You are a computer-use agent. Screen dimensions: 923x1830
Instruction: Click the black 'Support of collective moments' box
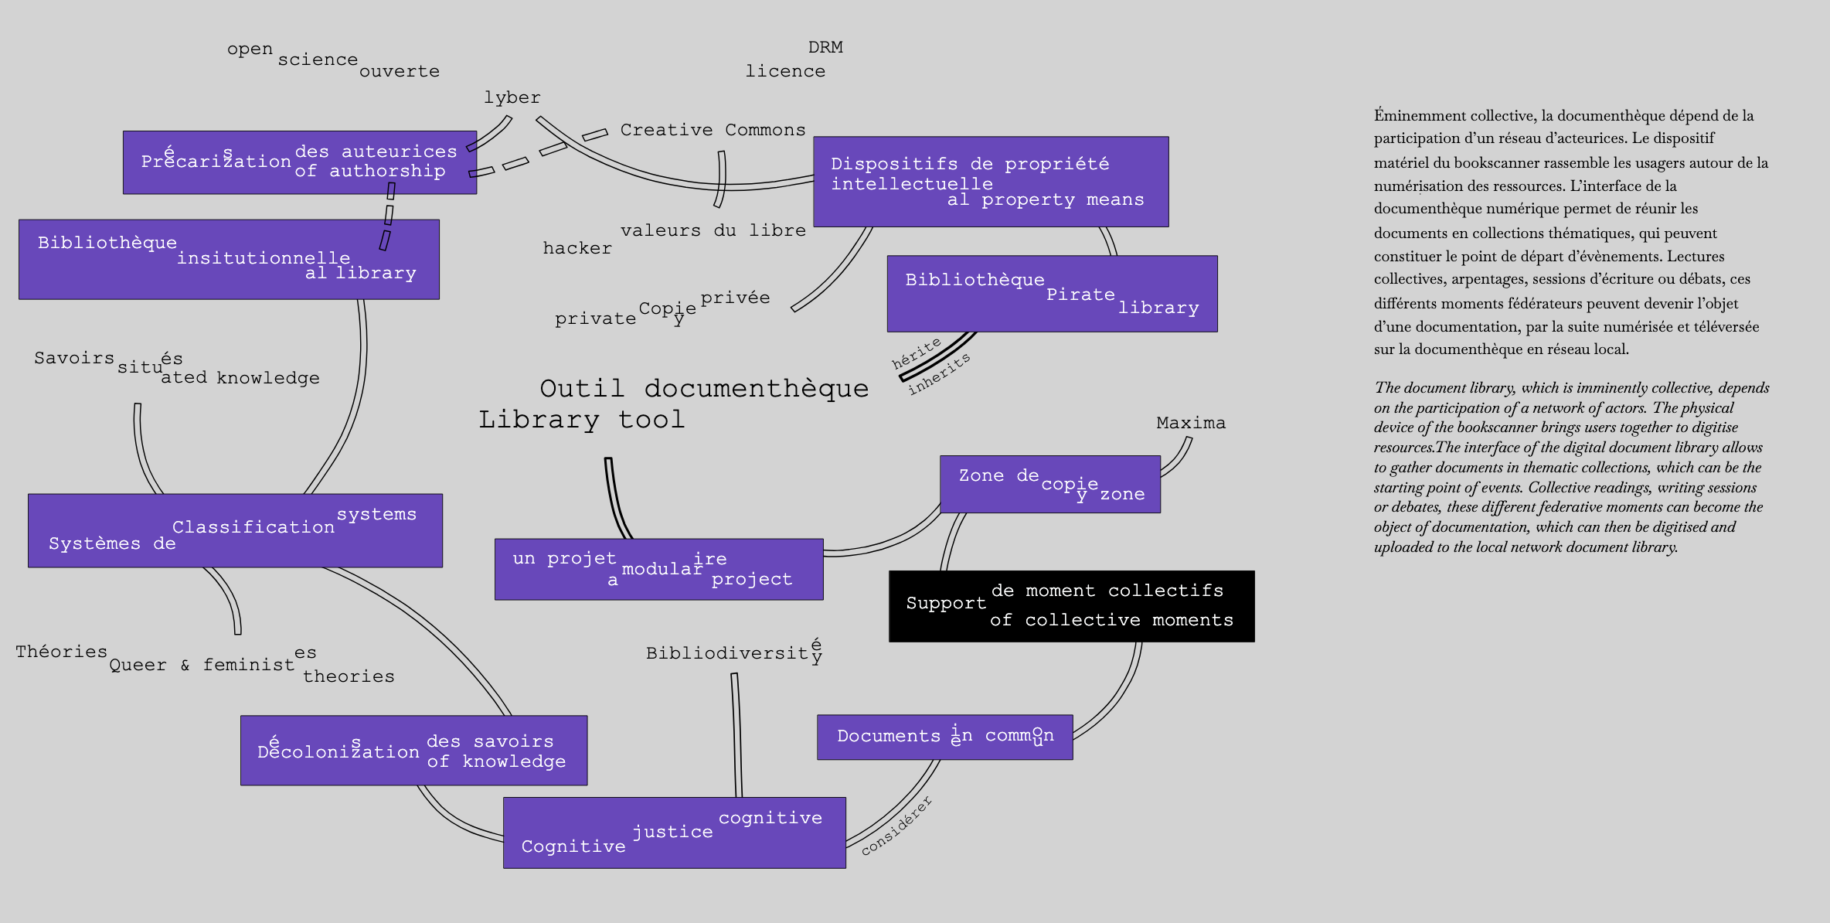click(x=1071, y=606)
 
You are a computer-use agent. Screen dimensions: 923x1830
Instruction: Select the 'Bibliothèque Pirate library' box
click(x=1052, y=294)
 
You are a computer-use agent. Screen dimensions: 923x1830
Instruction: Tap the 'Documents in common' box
click(x=944, y=737)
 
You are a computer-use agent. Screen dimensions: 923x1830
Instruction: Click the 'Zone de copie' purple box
click(x=1049, y=484)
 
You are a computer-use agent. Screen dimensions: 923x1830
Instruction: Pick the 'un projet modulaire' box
click(x=658, y=569)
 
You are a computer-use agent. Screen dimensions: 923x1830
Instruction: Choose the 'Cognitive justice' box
click(x=674, y=833)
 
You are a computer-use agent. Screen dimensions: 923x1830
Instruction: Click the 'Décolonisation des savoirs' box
click(x=413, y=751)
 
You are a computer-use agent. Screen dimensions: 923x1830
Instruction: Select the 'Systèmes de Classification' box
click(x=235, y=530)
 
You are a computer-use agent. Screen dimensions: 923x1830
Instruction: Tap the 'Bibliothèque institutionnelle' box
click(x=229, y=259)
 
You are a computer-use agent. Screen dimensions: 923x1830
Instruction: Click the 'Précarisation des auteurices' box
click(x=299, y=162)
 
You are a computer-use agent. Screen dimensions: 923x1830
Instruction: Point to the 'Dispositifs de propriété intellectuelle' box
click(x=990, y=182)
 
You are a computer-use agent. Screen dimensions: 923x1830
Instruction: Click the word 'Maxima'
click(x=1190, y=423)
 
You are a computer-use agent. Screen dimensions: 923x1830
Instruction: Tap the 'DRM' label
click(x=825, y=47)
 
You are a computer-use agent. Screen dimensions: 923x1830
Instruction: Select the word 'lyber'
click(x=512, y=97)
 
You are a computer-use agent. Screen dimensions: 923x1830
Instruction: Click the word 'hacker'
click(x=577, y=248)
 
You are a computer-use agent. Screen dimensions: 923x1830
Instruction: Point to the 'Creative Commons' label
click(x=713, y=130)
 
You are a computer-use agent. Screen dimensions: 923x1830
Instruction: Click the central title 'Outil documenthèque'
click(x=703, y=388)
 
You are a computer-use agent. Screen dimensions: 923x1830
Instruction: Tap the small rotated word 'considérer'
click(x=896, y=826)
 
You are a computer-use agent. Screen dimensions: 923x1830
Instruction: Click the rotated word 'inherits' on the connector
click(x=939, y=374)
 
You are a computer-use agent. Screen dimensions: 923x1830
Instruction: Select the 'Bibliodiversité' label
click(x=733, y=652)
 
